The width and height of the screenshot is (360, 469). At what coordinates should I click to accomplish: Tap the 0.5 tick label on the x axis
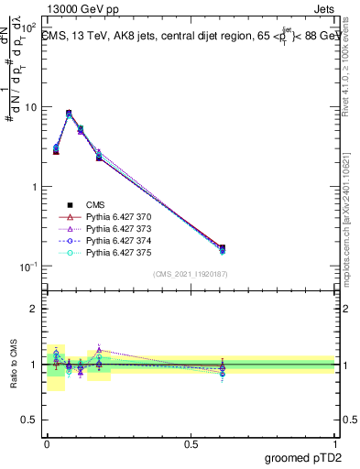(191, 442)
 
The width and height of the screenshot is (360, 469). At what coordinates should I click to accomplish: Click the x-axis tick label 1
(335, 442)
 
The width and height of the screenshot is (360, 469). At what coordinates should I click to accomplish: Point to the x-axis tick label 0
(47, 442)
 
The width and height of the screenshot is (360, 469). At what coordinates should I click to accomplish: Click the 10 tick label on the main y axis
(31, 107)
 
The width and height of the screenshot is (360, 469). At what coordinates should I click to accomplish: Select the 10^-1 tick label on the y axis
(27, 266)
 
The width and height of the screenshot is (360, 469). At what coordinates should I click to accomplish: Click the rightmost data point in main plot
(221, 247)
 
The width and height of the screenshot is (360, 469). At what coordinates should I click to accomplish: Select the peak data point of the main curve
(69, 113)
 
